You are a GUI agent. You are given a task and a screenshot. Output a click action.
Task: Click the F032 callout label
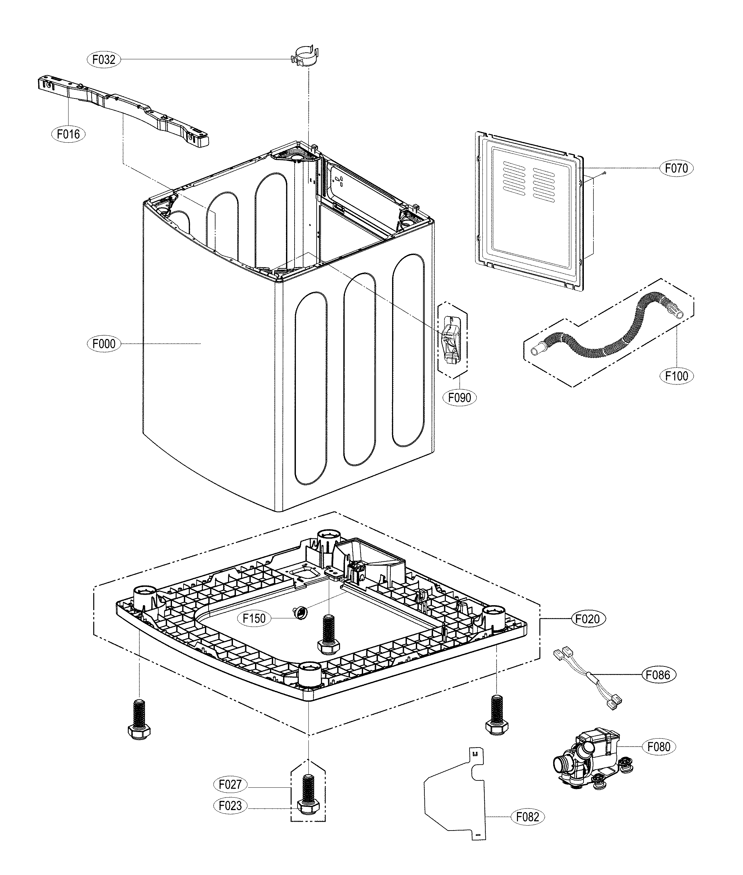[103, 60]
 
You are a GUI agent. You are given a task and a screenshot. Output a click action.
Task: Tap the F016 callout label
[68, 134]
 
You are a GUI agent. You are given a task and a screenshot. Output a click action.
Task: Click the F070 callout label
[676, 168]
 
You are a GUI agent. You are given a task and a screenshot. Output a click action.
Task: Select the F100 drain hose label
[676, 376]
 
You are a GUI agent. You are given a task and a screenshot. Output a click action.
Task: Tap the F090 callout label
[460, 397]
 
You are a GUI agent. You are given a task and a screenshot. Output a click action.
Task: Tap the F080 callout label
[658, 747]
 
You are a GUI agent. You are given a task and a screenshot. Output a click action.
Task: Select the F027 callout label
[230, 784]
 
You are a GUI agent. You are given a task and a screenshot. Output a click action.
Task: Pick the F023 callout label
[230, 805]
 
